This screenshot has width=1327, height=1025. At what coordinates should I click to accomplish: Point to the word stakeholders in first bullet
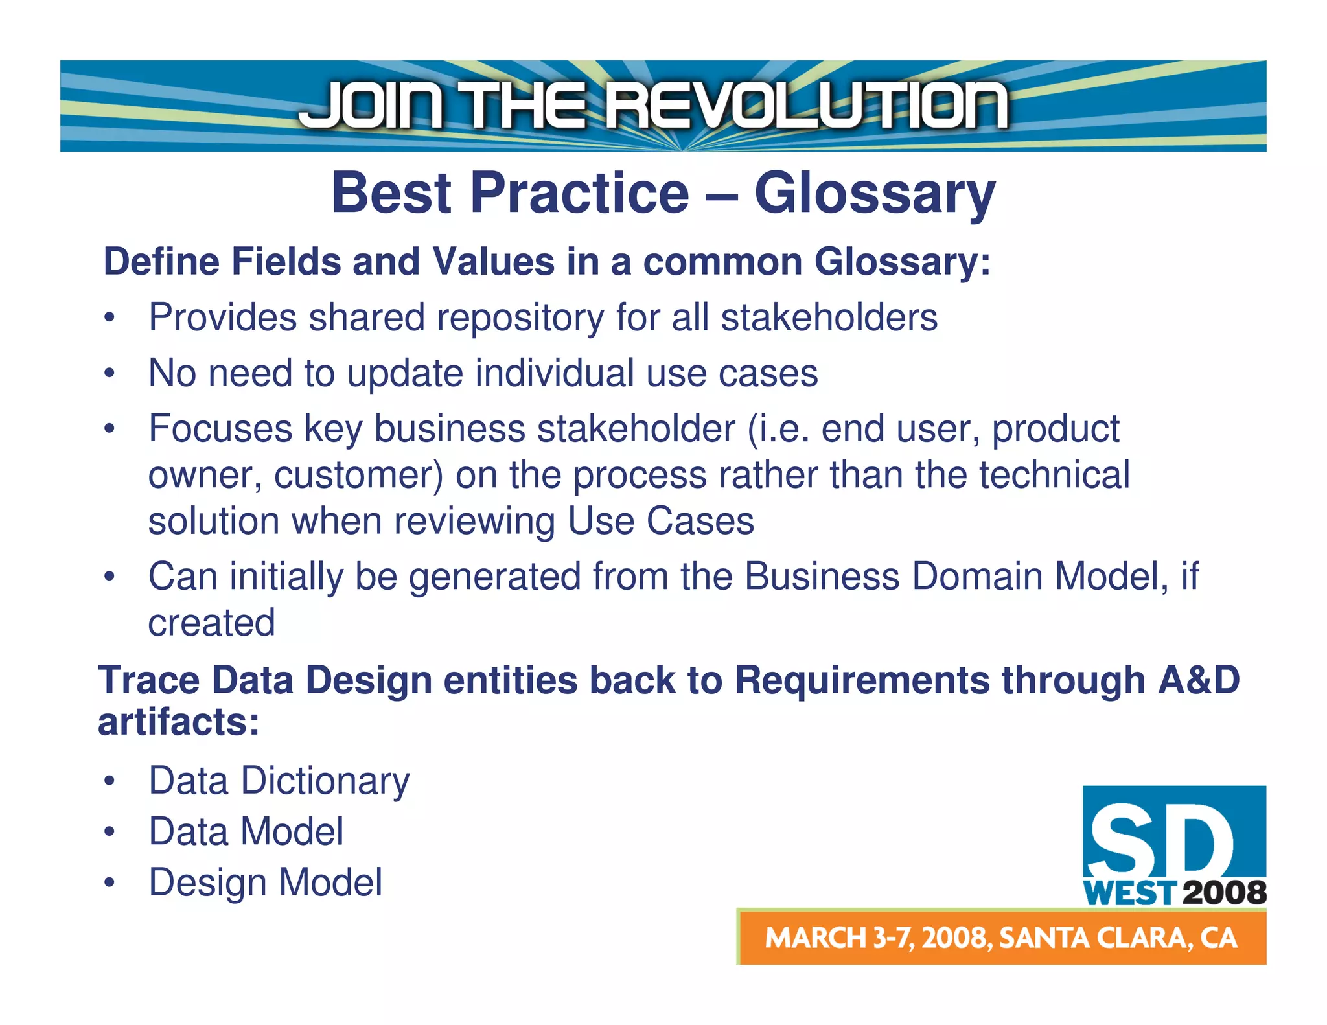point(829,317)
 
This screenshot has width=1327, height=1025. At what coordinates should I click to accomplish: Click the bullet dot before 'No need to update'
point(110,374)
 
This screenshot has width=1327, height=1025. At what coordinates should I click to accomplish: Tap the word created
point(212,623)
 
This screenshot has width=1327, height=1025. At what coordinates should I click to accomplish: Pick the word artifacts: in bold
point(179,722)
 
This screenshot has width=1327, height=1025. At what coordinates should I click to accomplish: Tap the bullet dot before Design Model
point(110,883)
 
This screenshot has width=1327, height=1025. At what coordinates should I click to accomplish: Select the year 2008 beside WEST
point(1224,893)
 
